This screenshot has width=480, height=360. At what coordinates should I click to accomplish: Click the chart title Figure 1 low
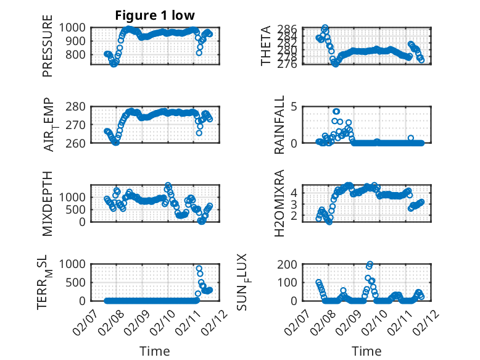[x=155, y=15]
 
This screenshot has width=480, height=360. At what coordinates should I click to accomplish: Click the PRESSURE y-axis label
[x=48, y=51]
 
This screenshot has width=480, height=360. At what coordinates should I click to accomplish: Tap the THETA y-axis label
[x=266, y=46]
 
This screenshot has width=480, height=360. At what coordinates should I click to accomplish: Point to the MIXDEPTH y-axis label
[x=48, y=203]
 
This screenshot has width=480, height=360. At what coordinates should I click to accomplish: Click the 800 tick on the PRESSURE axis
[x=78, y=54]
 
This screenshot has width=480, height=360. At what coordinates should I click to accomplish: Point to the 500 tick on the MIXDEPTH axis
[x=78, y=209]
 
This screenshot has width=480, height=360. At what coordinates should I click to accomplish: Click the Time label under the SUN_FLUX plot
[x=366, y=351]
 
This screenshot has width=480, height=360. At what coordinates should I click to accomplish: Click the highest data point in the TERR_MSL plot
[x=199, y=269]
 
